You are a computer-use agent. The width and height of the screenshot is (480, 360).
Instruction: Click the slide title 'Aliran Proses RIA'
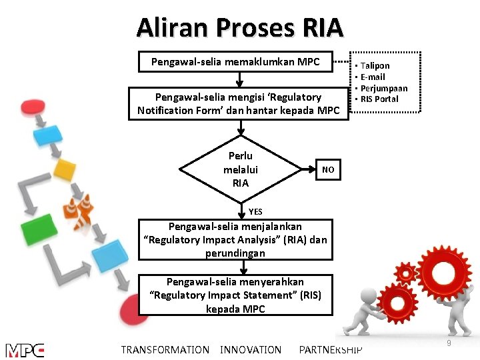239,27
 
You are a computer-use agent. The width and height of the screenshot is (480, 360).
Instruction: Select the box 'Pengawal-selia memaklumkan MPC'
235,62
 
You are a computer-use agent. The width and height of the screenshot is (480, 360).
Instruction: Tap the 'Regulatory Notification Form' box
238,103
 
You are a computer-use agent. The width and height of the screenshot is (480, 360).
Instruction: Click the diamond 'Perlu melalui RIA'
241,169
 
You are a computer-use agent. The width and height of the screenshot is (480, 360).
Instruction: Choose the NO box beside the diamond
328,170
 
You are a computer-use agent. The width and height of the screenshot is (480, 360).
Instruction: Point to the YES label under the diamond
255,212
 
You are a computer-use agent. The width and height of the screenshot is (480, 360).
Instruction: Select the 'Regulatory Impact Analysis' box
235,240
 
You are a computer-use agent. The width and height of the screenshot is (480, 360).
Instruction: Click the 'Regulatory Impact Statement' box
235,295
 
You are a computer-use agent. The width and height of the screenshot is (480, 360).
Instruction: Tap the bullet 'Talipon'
375,66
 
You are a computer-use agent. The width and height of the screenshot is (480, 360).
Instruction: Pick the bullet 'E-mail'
373,77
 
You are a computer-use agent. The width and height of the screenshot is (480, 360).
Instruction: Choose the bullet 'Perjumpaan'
383,88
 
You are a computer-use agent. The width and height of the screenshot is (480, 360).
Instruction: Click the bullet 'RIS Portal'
379,99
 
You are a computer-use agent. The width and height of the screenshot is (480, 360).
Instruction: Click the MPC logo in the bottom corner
25,350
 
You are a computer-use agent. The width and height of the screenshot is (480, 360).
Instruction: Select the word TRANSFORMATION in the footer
165,350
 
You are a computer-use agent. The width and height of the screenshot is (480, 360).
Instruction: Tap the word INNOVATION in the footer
251,350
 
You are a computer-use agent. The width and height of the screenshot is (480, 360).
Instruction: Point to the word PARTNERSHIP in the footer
331,350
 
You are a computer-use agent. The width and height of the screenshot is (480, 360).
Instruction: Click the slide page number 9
449,343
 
